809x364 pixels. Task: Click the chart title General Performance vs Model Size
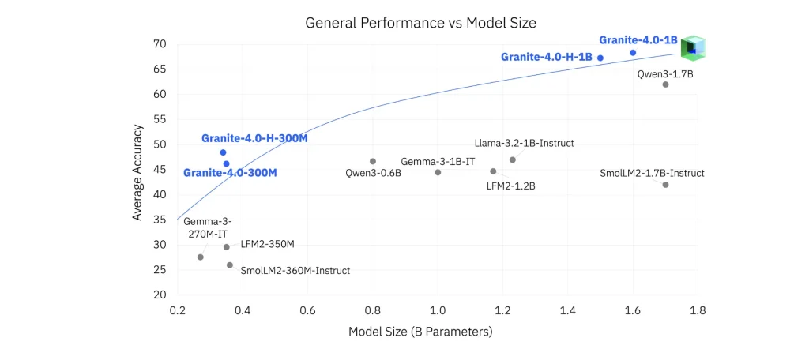(420, 23)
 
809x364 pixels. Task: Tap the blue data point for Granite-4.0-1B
(633, 53)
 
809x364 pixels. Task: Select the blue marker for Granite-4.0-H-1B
(600, 58)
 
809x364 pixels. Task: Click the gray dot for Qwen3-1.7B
(665, 84)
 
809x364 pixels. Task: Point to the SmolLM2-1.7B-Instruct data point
(665, 185)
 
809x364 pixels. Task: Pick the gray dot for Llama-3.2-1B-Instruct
(513, 159)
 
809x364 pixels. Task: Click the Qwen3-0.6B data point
(373, 161)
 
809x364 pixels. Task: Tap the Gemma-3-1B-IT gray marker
(438, 172)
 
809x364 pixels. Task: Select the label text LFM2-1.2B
(512, 186)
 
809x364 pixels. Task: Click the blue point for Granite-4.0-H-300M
(223, 152)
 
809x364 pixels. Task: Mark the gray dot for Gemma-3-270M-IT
(200, 257)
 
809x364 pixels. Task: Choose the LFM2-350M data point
(226, 247)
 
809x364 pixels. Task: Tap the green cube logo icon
(692, 47)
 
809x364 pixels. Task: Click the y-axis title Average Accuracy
(137, 171)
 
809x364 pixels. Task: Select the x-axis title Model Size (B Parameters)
(420, 332)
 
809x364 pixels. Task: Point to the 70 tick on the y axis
(160, 43)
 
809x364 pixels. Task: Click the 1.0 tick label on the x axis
(438, 311)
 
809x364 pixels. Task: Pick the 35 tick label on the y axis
(160, 220)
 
